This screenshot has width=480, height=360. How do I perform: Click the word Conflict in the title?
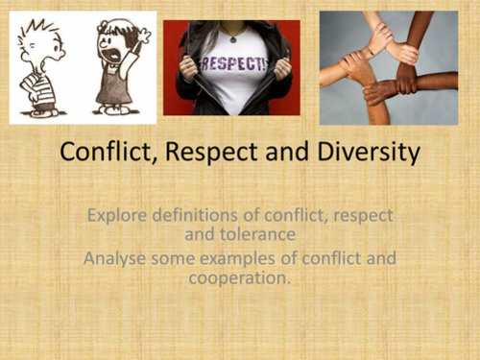coord(104,153)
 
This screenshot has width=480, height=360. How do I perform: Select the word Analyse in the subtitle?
coord(116,258)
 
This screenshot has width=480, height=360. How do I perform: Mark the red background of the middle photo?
coord(173,38)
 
